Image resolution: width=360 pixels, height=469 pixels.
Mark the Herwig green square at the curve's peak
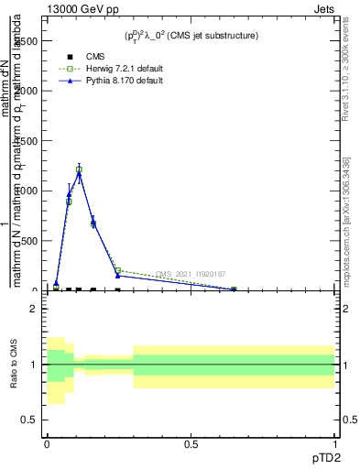79,169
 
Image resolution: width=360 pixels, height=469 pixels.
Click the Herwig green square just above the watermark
118,270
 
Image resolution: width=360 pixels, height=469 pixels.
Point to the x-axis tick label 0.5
191,443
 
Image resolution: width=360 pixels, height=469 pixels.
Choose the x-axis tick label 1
334,443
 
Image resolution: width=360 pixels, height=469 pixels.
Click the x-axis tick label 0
47,443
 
